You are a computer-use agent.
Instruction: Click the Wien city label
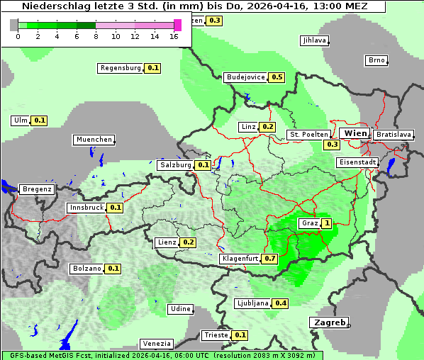(x=355, y=133)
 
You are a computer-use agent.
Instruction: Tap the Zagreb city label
(x=329, y=322)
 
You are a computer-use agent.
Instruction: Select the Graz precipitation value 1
(x=326, y=223)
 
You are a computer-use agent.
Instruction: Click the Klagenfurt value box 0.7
(x=270, y=259)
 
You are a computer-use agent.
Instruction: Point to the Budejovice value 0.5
(x=277, y=77)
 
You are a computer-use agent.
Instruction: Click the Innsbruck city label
(x=86, y=208)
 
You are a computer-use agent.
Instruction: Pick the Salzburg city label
(x=175, y=164)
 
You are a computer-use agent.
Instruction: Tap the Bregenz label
(x=37, y=189)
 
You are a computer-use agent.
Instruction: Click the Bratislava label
(x=393, y=134)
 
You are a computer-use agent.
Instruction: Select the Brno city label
(x=376, y=60)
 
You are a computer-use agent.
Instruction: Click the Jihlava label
(x=314, y=40)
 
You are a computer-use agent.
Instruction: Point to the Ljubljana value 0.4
(x=281, y=303)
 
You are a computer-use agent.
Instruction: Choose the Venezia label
(x=156, y=344)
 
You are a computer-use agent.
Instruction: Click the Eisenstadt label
(x=356, y=162)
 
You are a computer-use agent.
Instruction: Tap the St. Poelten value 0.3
(x=332, y=145)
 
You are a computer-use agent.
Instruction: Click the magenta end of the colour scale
(x=177, y=25)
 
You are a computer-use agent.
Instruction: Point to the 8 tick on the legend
(x=96, y=36)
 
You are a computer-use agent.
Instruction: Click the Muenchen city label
(x=94, y=140)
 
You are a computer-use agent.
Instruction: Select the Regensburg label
(x=121, y=68)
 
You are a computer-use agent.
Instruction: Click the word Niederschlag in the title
(x=52, y=6)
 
